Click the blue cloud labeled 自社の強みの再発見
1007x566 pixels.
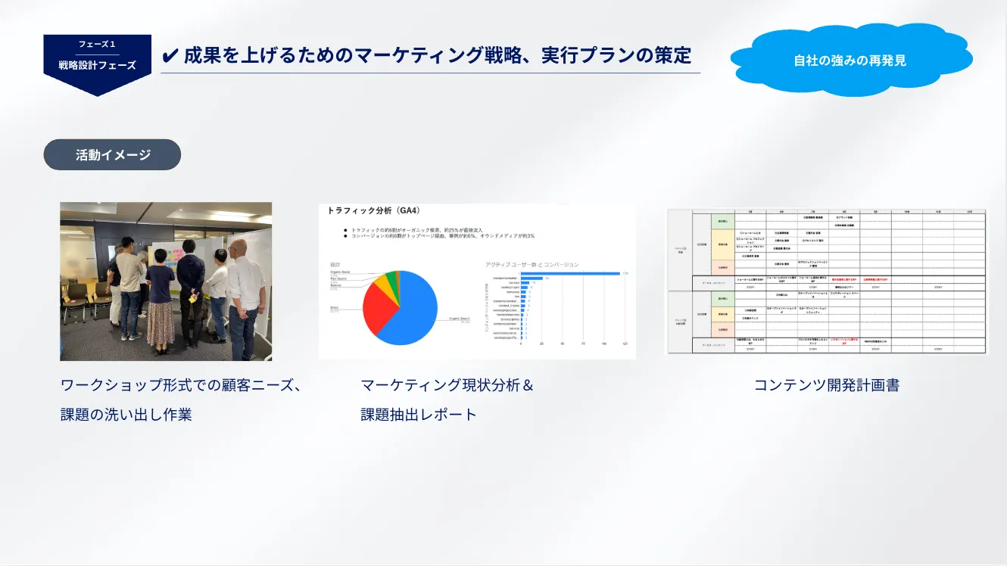click(x=850, y=60)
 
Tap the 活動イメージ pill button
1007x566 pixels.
click(x=112, y=155)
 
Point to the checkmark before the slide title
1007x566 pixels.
click(x=170, y=56)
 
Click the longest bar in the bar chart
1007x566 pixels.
click(x=568, y=273)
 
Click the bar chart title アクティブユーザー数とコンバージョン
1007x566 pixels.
click(x=532, y=264)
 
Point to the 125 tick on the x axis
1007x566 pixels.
click(x=625, y=344)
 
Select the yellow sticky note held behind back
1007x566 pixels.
click(x=192, y=298)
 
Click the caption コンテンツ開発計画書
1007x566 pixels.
click(x=826, y=385)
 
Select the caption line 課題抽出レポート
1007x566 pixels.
click(x=419, y=414)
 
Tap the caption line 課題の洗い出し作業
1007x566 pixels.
click(x=126, y=414)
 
